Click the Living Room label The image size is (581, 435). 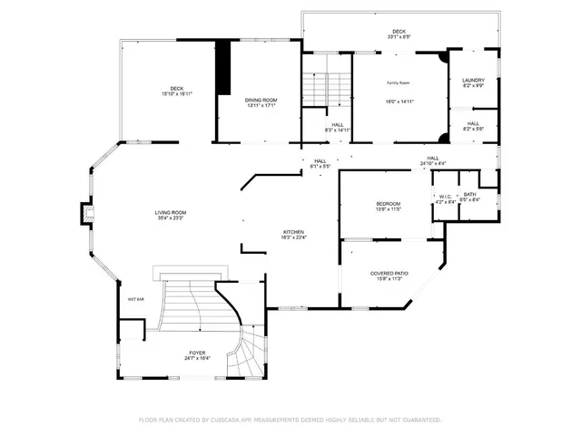coord(170,212)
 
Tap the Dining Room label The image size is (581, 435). coord(261,100)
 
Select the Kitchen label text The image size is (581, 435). coord(292,232)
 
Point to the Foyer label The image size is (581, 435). coord(197,352)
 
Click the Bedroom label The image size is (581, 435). coord(388,204)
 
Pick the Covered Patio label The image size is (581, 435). coord(389,273)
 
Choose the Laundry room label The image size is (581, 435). coord(473,80)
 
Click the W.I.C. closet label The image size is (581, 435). coord(445,196)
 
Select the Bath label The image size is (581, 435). coord(469,194)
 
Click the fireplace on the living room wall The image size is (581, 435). coord(87,214)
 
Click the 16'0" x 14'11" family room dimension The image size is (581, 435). coord(400,102)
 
